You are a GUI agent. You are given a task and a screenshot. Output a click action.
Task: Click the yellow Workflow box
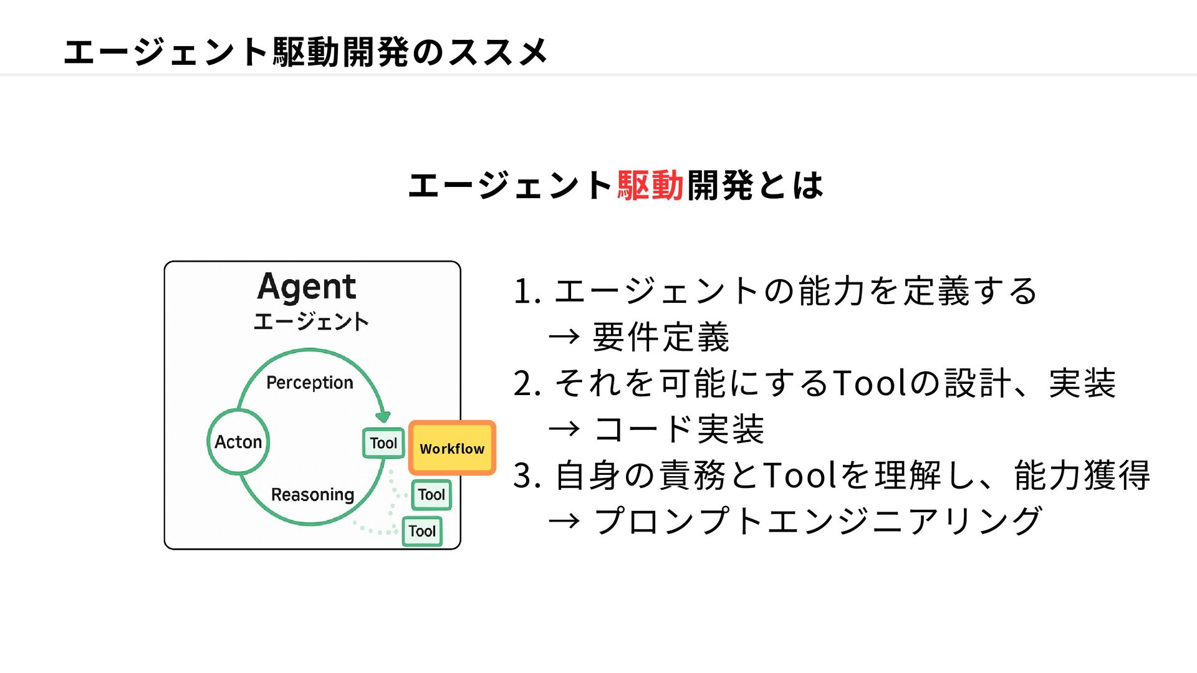452,448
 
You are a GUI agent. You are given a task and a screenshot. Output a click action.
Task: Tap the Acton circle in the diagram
238,442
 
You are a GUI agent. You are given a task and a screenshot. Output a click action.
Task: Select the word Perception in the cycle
310,383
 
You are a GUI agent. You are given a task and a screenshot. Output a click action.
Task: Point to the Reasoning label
312,495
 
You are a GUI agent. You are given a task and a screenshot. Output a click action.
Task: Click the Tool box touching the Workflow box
383,443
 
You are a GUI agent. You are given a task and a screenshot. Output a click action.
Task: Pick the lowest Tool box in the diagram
422,532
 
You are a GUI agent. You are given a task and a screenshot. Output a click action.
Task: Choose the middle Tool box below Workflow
431,495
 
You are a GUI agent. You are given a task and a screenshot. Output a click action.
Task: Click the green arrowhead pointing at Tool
383,416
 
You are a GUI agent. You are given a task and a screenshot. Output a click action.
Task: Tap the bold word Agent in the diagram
307,288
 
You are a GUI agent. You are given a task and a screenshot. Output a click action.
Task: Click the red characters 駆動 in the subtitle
651,186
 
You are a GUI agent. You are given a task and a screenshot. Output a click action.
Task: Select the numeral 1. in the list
527,292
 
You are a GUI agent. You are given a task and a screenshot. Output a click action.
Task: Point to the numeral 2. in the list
527,383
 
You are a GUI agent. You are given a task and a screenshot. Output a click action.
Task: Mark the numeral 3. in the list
527,475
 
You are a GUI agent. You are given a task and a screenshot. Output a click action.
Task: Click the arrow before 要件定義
564,337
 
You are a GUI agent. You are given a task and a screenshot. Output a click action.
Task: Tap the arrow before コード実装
564,429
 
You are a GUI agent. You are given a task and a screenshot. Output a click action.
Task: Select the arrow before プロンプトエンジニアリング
564,521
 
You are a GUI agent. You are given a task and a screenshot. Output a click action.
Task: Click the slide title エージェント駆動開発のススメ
305,51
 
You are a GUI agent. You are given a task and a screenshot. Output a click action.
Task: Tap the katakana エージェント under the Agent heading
311,322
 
